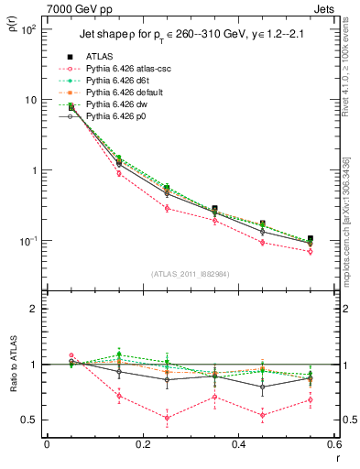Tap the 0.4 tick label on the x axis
[x=238, y=444]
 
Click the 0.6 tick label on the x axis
[x=333, y=444]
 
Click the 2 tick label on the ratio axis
[x=33, y=309]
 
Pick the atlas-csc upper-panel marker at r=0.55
[x=310, y=251]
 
